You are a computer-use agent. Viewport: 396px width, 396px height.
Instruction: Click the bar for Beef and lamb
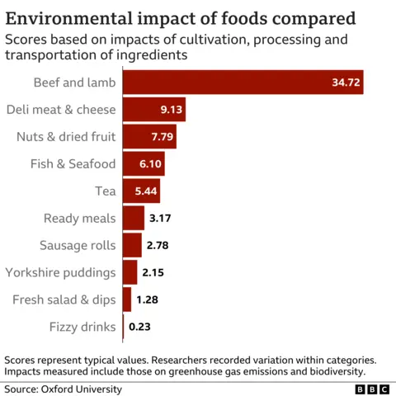coord(243,83)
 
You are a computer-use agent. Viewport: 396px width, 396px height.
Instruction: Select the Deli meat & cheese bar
coord(153,110)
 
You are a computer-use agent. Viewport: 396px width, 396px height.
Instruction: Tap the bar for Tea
coord(141,191)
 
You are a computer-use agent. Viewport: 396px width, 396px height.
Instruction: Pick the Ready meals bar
coord(133,219)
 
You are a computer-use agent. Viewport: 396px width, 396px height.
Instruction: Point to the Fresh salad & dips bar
coord(126,299)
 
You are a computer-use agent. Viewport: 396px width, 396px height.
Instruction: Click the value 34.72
coord(343,83)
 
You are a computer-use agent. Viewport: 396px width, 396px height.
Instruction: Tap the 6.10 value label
coord(150,164)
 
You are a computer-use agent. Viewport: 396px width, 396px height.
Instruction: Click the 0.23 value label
coord(139,328)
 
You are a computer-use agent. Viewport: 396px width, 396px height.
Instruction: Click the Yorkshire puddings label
coord(60,272)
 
